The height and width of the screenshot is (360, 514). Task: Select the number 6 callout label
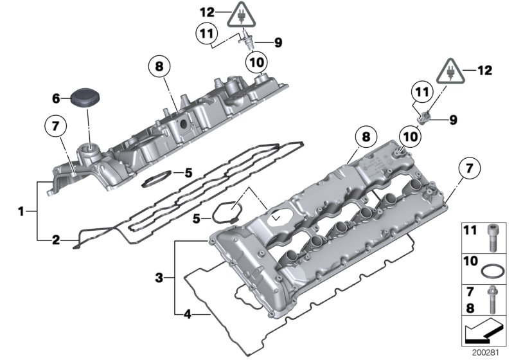pyautogui.click(x=56, y=98)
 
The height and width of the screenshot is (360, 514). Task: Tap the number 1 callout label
pyautogui.click(x=21, y=210)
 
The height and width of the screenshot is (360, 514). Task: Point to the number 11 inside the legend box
pyautogui.click(x=472, y=230)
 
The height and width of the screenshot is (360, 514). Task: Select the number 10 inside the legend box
pyautogui.click(x=472, y=261)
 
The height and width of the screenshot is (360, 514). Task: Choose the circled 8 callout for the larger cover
pyautogui.click(x=365, y=137)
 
